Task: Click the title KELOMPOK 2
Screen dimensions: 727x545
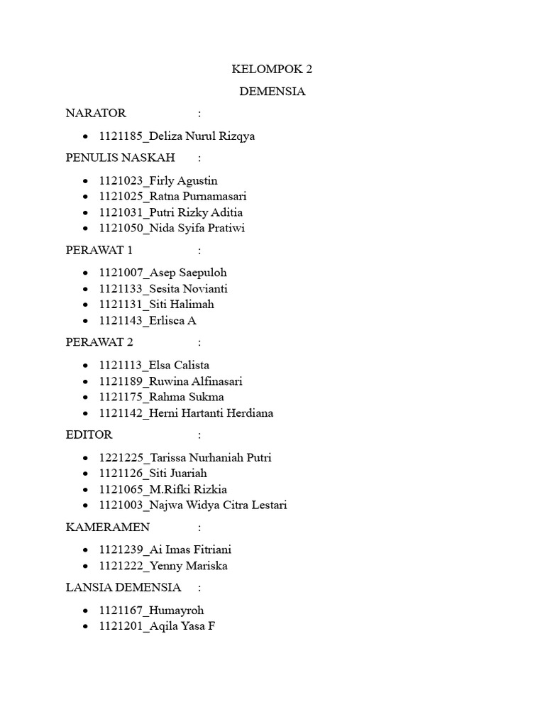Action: [x=272, y=70]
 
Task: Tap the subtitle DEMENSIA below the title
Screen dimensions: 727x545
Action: [x=272, y=92]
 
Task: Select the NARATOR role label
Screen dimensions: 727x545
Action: [x=96, y=113]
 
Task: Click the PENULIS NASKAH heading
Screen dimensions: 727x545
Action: [x=120, y=158]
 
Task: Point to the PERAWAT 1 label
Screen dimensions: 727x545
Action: [x=99, y=250]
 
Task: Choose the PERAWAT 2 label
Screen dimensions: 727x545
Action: [x=99, y=342]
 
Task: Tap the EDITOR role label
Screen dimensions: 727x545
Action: [x=89, y=434]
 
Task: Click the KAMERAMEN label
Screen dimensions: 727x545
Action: [x=108, y=527]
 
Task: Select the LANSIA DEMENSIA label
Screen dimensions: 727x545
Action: [x=123, y=588]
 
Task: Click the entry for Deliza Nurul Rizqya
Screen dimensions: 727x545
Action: [x=177, y=136]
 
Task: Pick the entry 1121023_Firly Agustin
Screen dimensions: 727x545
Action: [x=158, y=181]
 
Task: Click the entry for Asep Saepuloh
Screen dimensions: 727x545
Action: [x=163, y=273]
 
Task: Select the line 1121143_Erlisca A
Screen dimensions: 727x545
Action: [x=148, y=320]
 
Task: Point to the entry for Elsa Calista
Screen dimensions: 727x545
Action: [x=155, y=366]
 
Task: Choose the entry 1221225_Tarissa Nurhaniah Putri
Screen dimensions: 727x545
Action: [x=185, y=458]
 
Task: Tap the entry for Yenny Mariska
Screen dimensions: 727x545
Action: [x=163, y=566]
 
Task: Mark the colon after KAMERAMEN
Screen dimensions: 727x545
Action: [x=200, y=527]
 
